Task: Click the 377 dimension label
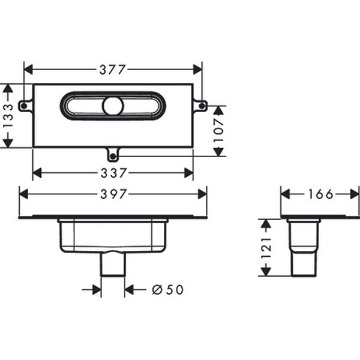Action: (x=113, y=70)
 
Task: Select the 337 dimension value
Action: (x=113, y=173)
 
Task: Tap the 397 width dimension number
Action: (x=113, y=194)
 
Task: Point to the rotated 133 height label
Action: (x=8, y=116)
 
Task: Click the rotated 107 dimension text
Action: (x=218, y=130)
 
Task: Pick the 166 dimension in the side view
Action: (x=320, y=194)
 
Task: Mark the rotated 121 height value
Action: (x=266, y=248)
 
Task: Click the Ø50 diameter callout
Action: (x=168, y=290)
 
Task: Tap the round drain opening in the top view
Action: (x=113, y=106)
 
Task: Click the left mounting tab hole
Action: (x=23, y=106)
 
